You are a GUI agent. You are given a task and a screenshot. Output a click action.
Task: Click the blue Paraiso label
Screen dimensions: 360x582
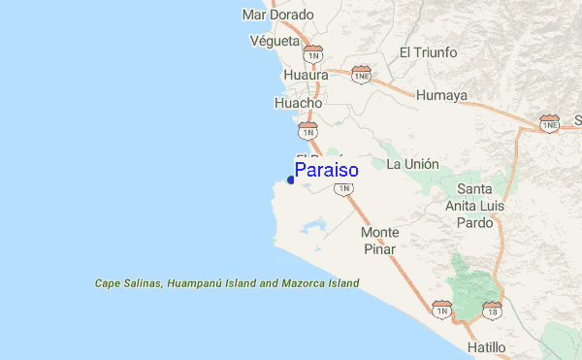326,171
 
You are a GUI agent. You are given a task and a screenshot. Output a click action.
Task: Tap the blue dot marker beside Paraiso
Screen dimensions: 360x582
291,180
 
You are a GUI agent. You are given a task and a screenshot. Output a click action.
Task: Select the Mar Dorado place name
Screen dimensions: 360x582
278,15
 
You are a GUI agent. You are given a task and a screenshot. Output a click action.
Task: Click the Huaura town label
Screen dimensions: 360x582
307,75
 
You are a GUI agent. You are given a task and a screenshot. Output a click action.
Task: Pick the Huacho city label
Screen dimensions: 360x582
298,100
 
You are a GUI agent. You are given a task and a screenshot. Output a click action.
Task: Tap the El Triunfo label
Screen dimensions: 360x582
428,52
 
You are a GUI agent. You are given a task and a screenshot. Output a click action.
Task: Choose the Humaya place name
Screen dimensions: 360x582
441,95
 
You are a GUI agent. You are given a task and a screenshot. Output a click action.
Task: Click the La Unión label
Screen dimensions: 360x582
412,164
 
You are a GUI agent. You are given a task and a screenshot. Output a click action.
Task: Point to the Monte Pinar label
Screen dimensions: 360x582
379,241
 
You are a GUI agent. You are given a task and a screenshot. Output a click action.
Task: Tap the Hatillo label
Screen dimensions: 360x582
485,346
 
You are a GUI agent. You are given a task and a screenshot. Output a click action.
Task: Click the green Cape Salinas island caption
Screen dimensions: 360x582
227,283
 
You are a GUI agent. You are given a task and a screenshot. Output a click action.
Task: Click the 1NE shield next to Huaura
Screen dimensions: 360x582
362,75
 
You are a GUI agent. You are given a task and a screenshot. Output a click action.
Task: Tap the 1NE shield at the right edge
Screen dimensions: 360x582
549,123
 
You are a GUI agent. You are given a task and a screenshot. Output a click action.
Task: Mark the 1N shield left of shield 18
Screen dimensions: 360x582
441,311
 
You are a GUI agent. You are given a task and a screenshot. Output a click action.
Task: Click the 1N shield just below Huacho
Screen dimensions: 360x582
307,129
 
